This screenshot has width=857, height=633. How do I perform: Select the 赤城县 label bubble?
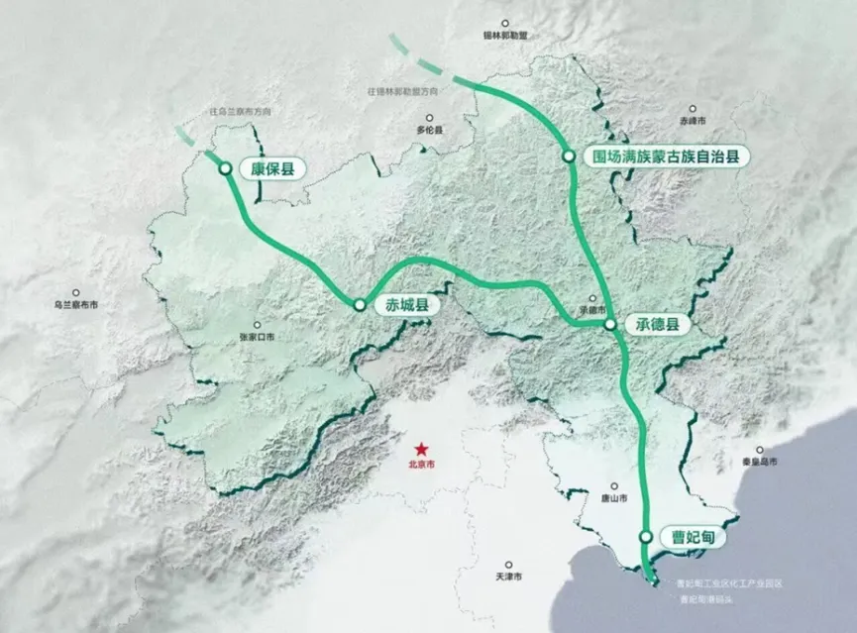tap(399, 306)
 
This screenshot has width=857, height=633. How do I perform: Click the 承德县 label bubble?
tap(657, 324)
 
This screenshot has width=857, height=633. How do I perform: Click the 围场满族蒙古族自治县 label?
tap(665, 156)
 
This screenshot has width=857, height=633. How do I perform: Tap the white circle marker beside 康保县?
tap(227, 169)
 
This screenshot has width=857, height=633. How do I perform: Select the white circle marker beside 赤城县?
tap(359, 305)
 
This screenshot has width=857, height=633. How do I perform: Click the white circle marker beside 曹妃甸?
tap(647, 536)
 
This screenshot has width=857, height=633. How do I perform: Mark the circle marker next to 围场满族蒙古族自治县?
tap(569, 156)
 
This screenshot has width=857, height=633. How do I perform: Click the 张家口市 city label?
tap(258, 337)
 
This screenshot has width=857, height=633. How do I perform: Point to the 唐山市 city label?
tap(615, 498)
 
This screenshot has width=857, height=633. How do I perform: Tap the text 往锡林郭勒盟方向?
tap(402, 92)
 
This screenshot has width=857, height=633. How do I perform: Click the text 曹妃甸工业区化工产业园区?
tap(728, 584)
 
